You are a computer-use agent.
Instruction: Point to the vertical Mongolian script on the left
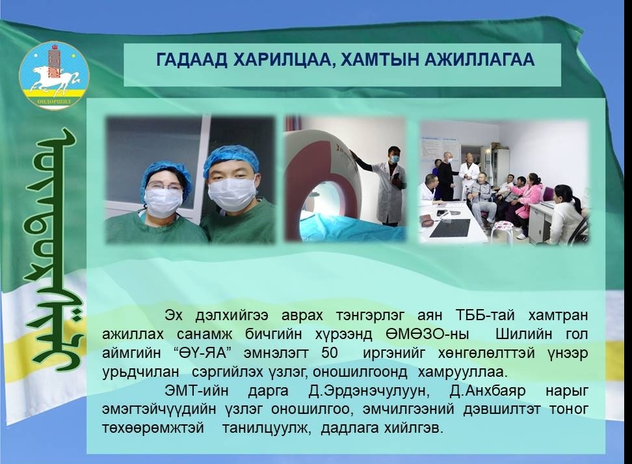(55, 250)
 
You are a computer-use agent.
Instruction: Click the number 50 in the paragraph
(329, 353)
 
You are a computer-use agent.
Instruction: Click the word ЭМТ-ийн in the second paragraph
(196, 390)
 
